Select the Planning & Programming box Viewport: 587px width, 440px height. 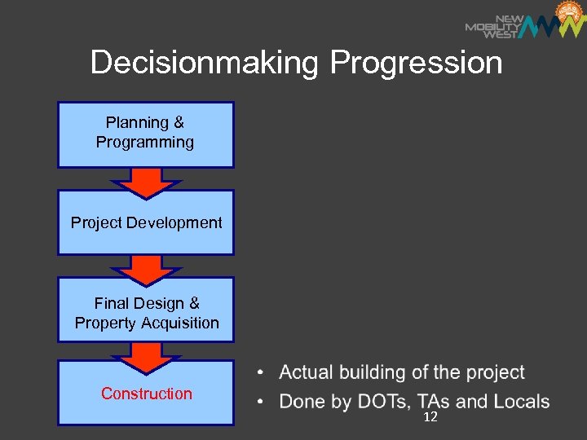tap(145, 134)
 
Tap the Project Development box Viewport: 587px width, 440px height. tap(145, 222)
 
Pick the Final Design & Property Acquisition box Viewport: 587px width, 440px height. tap(145, 312)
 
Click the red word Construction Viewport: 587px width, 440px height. tap(147, 394)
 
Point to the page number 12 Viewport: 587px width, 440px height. tap(430, 417)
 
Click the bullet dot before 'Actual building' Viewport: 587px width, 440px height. tap(259, 374)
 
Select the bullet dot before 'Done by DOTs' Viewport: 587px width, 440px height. tap(259, 403)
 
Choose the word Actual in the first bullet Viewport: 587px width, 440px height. tap(307, 372)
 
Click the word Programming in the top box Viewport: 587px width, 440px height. tap(145, 143)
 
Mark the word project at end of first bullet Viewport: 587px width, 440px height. tap(495, 373)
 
